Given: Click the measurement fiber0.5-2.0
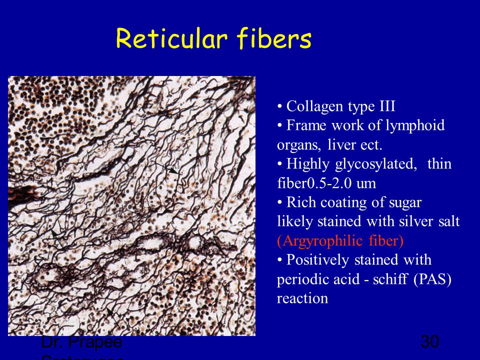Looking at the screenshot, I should point(315,183).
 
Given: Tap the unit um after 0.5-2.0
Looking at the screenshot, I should point(367,183).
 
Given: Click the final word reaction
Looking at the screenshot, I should point(302,298).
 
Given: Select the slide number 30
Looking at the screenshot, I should point(430,342).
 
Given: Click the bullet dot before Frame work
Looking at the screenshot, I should point(280,125).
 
